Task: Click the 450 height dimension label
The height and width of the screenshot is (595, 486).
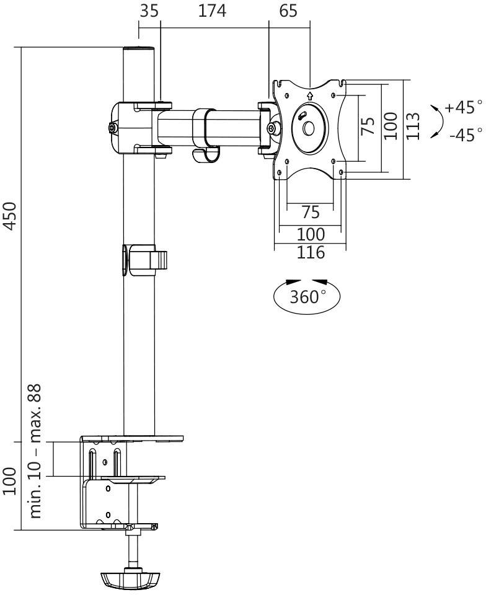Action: [11, 215]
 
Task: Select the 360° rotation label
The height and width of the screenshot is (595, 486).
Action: [307, 296]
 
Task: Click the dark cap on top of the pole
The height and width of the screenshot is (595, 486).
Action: [138, 49]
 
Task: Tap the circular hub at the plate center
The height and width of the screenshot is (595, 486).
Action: [308, 128]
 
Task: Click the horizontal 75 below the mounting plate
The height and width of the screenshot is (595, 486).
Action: [310, 213]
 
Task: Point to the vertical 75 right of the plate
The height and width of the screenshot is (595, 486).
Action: [368, 126]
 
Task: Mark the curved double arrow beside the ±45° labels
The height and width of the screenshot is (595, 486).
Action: [437, 120]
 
